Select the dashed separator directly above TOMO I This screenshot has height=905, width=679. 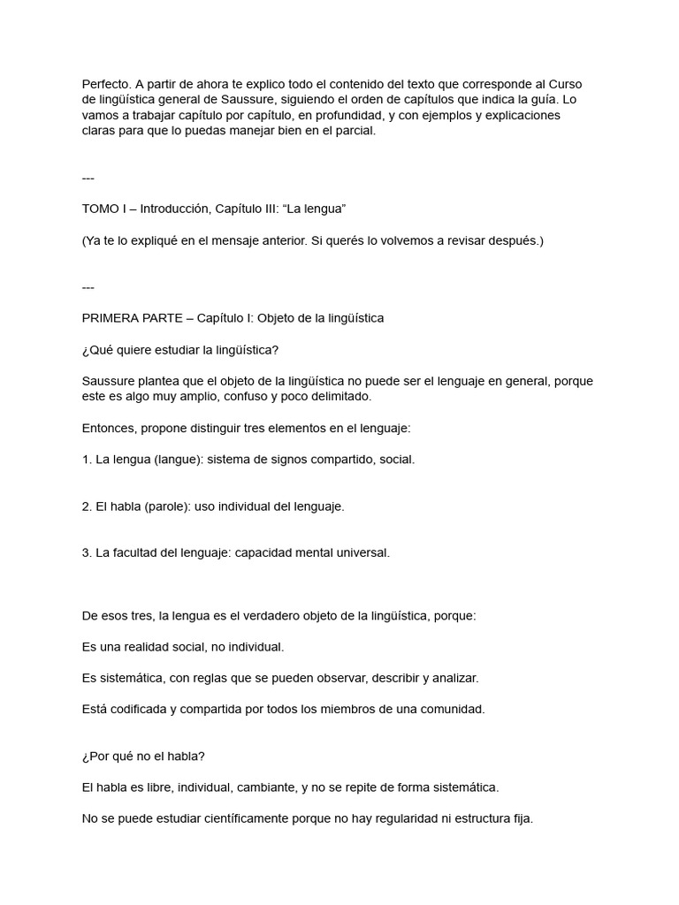click(x=88, y=178)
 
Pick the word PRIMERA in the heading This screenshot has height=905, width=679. click(x=111, y=318)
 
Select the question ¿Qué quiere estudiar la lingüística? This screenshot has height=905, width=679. click(x=179, y=350)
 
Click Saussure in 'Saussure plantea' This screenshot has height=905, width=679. click(x=109, y=381)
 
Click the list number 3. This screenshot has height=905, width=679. click(x=85, y=553)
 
